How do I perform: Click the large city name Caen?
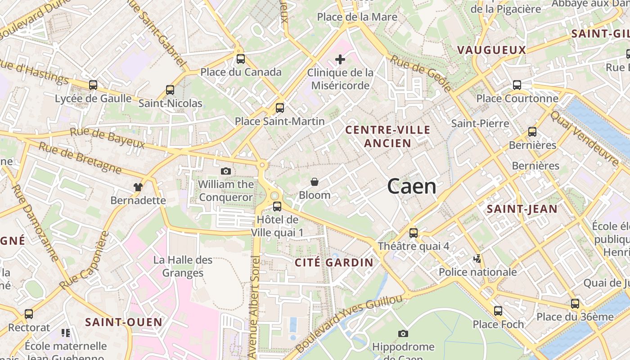tap(412, 186)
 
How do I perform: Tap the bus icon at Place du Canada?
tap(241, 59)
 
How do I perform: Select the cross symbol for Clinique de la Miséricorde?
tap(340, 59)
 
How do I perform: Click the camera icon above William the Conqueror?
tap(226, 171)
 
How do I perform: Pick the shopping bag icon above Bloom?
tap(315, 182)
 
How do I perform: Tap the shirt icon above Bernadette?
tap(138, 187)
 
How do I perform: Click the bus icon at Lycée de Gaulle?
tap(93, 85)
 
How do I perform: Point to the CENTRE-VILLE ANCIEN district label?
tap(387, 136)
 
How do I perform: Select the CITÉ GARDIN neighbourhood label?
tap(334, 262)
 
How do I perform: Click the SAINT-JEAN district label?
tap(522, 209)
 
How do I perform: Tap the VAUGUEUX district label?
tap(491, 50)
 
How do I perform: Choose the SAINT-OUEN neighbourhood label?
tap(124, 322)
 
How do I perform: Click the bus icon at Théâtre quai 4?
tap(414, 233)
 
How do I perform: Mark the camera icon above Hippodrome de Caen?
tap(403, 333)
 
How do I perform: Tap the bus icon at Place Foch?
tap(498, 311)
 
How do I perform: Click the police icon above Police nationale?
tap(477, 259)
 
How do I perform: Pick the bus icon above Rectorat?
tap(29, 314)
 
